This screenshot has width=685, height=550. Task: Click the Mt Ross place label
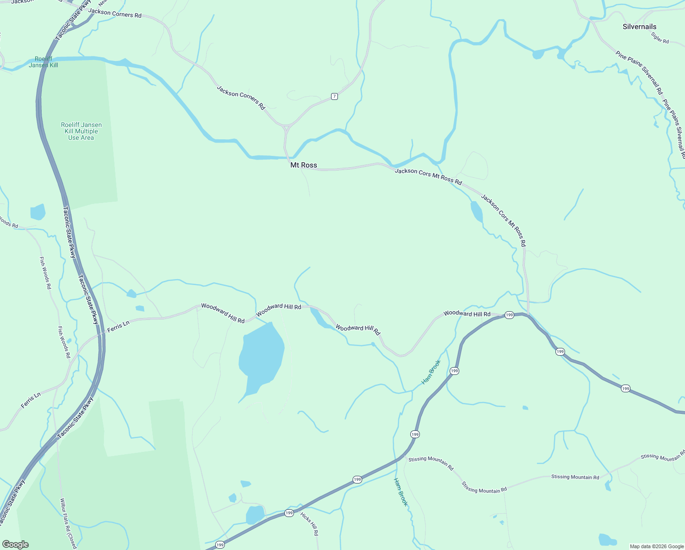click(x=304, y=165)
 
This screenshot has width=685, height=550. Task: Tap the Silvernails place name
click(x=639, y=27)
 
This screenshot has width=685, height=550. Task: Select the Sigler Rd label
click(x=660, y=38)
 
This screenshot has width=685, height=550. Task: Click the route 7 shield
click(x=335, y=96)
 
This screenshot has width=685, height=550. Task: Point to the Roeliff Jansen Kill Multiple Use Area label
click(x=81, y=131)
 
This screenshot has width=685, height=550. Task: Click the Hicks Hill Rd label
click(x=310, y=523)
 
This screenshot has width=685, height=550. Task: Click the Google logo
click(x=16, y=544)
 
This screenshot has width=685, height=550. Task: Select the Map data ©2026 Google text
click(x=656, y=546)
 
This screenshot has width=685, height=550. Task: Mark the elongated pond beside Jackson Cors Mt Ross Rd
click(x=476, y=211)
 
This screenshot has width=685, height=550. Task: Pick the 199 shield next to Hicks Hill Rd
click(x=289, y=513)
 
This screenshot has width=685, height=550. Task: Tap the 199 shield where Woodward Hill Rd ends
click(x=509, y=315)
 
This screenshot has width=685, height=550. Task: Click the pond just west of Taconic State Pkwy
click(x=38, y=212)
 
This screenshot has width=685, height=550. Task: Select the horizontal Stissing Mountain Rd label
click(x=575, y=477)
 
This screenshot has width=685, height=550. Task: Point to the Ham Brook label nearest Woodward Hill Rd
click(x=431, y=372)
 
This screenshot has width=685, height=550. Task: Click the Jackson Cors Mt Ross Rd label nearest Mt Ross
click(x=428, y=176)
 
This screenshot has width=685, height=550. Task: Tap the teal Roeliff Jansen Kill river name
click(x=43, y=62)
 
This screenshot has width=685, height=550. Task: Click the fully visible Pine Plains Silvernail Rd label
click(x=639, y=73)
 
